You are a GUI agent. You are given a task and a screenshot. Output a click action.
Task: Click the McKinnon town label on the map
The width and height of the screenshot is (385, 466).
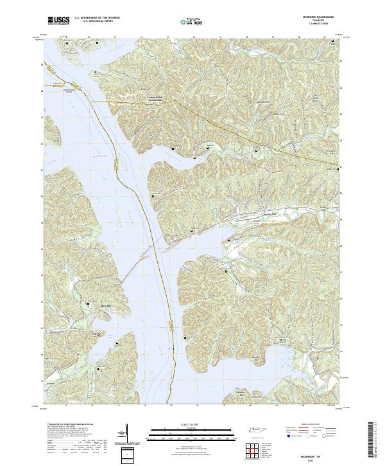270,215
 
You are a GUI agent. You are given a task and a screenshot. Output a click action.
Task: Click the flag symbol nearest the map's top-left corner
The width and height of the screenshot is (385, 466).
97,44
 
